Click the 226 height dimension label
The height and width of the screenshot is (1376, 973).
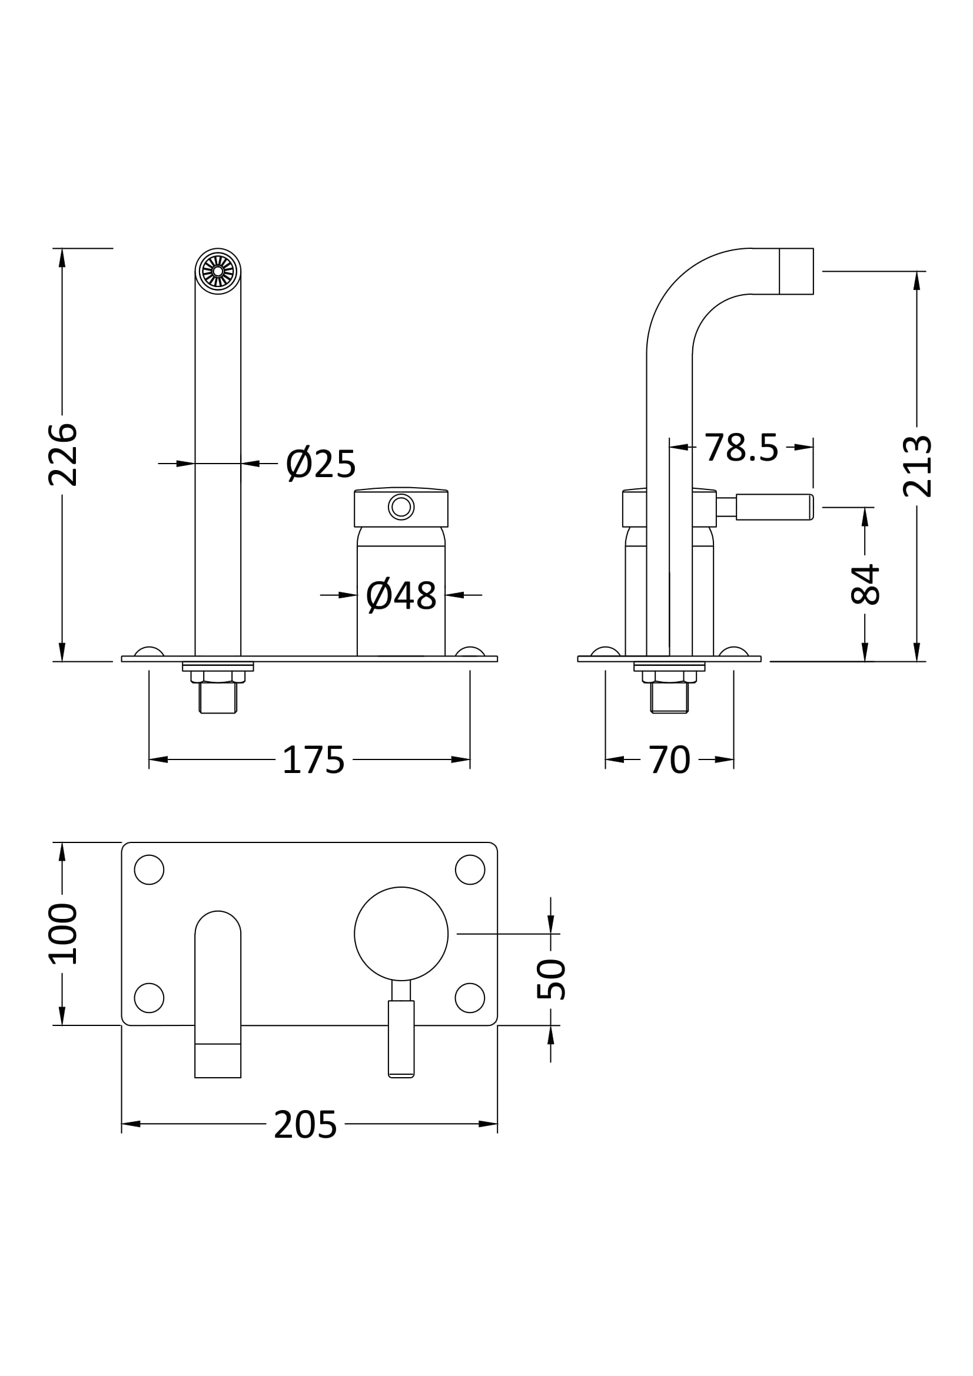(62, 455)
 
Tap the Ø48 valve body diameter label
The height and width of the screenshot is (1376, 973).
(401, 596)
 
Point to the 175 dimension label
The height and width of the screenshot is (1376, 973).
(313, 761)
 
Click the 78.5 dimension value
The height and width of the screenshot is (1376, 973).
(741, 448)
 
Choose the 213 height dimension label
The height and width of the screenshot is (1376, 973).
(917, 467)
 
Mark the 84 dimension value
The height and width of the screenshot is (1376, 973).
(865, 584)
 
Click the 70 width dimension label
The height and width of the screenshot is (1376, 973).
(669, 761)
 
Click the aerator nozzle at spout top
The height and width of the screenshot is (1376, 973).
(218, 271)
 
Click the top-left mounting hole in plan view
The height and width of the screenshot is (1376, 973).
(149, 869)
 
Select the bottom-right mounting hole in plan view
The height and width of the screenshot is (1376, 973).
(469, 998)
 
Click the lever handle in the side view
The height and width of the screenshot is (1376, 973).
(773, 507)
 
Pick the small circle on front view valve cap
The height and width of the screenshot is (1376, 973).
(401, 507)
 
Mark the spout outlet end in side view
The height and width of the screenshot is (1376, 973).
(796, 271)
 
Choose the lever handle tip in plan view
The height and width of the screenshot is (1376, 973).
(401, 1072)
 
